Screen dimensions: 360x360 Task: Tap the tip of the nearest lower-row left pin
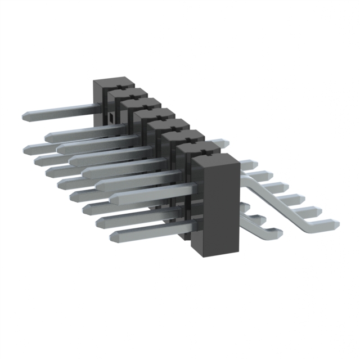tap(114, 233)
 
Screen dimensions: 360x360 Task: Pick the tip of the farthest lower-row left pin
tap(28, 147)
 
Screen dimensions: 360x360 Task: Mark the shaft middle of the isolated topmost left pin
tap(62, 111)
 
